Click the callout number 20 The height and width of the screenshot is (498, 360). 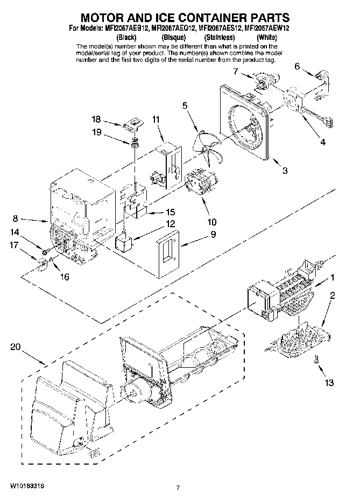(x=16, y=347)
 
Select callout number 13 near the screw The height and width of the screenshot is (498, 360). (x=329, y=383)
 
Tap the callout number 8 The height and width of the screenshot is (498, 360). (x=16, y=219)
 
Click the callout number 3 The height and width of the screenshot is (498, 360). (x=285, y=171)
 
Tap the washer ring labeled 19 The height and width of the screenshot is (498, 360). (x=134, y=143)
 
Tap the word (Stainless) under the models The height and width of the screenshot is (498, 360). (x=219, y=37)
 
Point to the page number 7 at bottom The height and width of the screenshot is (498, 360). (x=177, y=488)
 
